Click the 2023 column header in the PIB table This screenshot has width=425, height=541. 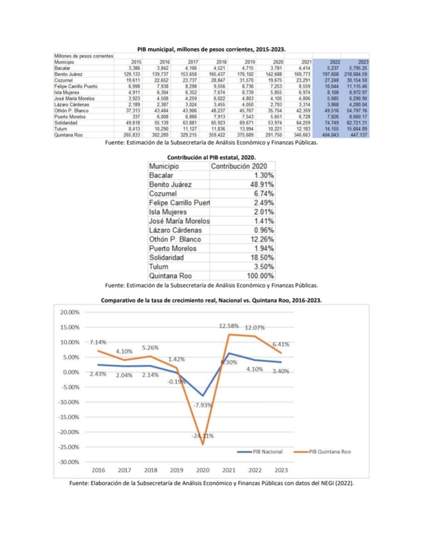pyautogui.click(x=363, y=62)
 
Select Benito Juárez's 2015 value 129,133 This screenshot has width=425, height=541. pyautogui.click(x=132, y=74)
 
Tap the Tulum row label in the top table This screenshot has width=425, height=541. pyautogui.click(x=61, y=129)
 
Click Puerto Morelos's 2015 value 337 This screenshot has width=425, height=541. pyautogui.click(x=136, y=117)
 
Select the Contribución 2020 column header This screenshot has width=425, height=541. pyautogui.click(x=239, y=166)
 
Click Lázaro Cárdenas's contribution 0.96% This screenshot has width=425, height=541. pyautogui.click(x=264, y=230)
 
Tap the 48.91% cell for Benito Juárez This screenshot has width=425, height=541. pyautogui.click(x=262, y=184)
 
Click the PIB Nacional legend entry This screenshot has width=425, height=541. pyautogui.click(x=260, y=452)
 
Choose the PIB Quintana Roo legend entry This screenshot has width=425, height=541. pyautogui.click(x=322, y=452)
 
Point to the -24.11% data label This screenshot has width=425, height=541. pyautogui.click(x=202, y=436)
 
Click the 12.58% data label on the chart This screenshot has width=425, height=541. pyautogui.click(x=229, y=326)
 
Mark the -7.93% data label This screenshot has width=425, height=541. pyautogui.click(x=202, y=405)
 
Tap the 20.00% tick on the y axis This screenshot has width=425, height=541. pyautogui.click(x=70, y=312)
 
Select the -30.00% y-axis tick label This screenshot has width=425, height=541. pyautogui.click(x=69, y=462)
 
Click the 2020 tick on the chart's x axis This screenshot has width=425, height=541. pyautogui.click(x=202, y=470)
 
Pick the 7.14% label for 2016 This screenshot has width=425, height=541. pyautogui.click(x=98, y=342)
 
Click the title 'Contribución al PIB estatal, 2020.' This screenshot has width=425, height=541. pyautogui.click(x=211, y=157)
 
